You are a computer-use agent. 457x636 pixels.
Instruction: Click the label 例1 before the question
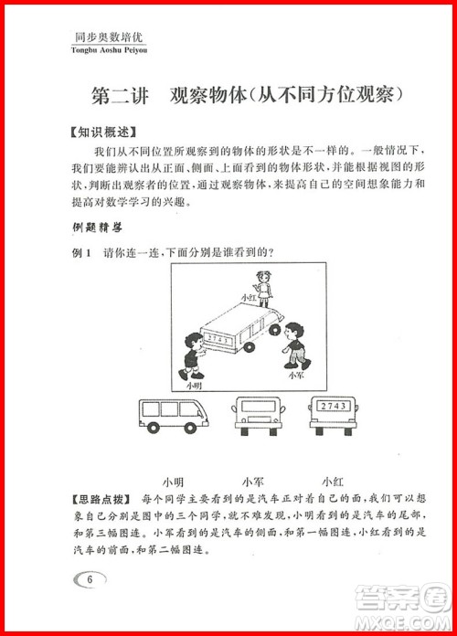click(82, 252)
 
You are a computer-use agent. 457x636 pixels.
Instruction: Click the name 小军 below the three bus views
click(253, 481)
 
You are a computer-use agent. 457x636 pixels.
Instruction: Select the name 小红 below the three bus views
click(333, 481)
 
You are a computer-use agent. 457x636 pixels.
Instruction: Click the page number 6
click(89, 578)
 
